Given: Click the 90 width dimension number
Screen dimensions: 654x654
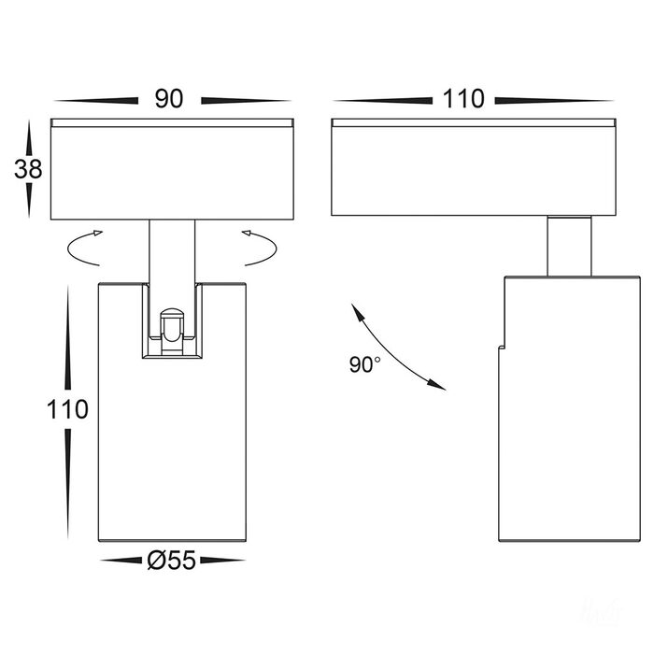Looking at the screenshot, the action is point(169,99).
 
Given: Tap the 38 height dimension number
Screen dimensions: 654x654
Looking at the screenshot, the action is point(28,169).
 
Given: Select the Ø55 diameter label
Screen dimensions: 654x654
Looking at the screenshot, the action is point(171,560).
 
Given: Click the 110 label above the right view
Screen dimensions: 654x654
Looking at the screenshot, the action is point(463,99).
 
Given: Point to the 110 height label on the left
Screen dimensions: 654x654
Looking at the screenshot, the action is point(67,409).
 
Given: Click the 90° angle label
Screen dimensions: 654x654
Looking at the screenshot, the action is point(365,364).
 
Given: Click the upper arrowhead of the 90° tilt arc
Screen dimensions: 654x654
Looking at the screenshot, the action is point(356,311).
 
